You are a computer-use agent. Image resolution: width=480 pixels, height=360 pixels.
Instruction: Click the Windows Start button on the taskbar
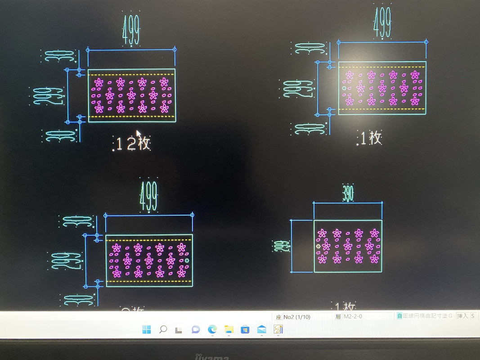point(147,329)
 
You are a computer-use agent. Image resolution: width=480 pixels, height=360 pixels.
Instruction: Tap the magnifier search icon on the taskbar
point(163,329)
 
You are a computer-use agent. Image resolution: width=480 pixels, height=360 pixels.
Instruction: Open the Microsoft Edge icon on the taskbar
point(212,329)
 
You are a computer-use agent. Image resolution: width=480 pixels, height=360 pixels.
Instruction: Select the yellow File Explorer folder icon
point(229,329)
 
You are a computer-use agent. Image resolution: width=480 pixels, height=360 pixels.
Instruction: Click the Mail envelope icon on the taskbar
point(262,329)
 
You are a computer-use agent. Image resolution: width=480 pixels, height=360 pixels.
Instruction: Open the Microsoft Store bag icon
point(245,329)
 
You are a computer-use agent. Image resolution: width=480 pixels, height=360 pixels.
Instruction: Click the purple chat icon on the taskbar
point(196,329)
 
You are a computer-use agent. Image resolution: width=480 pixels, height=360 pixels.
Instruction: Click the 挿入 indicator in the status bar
point(462,316)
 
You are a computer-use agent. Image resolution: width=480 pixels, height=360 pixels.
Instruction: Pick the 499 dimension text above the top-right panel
point(382,22)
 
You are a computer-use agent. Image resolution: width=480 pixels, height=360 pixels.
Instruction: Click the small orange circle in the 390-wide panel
point(319,246)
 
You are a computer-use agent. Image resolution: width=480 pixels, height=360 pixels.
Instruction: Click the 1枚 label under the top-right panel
point(371,138)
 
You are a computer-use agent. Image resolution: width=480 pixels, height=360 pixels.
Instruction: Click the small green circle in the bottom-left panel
point(187,261)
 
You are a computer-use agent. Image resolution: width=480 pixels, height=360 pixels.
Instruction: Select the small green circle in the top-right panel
point(344,88)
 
